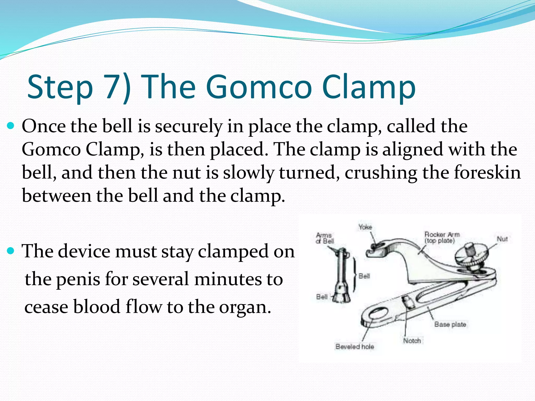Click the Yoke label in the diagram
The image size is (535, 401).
click(x=365, y=227)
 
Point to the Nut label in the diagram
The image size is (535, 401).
click(x=502, y=239)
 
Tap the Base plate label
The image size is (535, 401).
click(x=450, y=324)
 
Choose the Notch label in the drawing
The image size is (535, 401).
click(x=412, y=341)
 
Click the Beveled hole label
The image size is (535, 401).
click(x=354, y=347)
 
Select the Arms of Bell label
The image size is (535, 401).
click(x=324, y=238)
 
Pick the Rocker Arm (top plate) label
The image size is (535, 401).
click(x=441, y=237)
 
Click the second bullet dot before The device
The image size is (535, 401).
click(x=11, y=251)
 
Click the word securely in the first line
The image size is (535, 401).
click(x=188, y=126)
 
